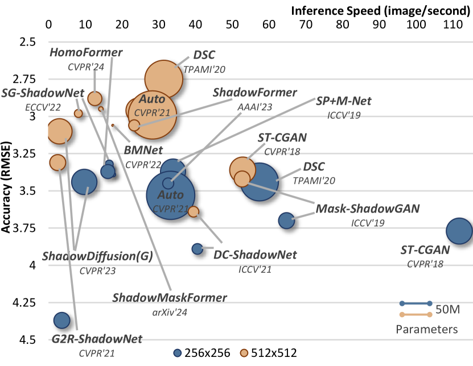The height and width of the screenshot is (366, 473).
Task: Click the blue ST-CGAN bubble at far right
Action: coord(459,231)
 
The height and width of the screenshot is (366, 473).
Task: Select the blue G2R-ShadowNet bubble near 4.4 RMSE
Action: coord(61,320)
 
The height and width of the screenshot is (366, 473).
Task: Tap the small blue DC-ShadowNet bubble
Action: coord(198,249)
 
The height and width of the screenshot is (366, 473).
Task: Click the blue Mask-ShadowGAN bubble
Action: coord(286,221)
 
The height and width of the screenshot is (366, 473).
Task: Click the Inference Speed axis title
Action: coord(381,10)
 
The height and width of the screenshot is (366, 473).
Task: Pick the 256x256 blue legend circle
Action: coord(181,353)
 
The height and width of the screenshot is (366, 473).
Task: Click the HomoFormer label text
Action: coord(86,53)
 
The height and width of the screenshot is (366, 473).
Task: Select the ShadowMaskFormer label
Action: coord(170,298)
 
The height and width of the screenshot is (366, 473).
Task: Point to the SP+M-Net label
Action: coord(344,101)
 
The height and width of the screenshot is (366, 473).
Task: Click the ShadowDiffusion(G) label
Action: coord(97,256)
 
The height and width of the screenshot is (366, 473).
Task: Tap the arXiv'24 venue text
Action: coord(170,311)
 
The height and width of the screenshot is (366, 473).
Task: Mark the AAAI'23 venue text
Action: coord(254,106)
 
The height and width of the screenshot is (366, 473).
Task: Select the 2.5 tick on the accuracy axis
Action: coord(27,42)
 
